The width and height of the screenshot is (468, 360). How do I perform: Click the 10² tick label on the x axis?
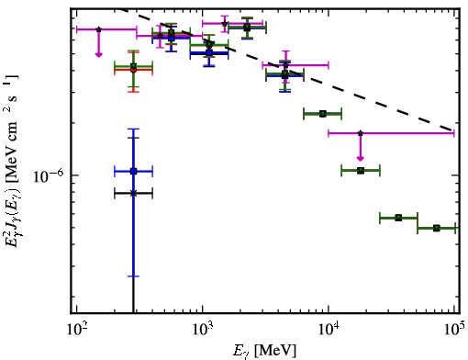pos(77,329)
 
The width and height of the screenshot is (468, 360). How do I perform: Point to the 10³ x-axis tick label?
pos(203,329)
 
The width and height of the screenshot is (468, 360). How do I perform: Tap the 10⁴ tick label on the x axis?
pos(329,329)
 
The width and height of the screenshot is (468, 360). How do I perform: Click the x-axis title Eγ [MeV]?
pos(264,351)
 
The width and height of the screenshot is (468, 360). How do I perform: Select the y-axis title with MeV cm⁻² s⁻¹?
pos(12,162)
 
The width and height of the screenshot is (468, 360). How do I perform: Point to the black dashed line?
pos(287,69)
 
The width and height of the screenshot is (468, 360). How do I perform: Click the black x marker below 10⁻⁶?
pos(133,193)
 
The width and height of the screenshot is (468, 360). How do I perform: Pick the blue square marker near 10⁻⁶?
pos(133,171)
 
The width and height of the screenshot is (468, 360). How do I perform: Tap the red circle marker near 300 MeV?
pos(133,70)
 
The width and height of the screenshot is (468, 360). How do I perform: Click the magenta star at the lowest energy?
pos(98,29)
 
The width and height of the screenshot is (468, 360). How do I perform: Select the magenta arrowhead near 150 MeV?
pos(98,55)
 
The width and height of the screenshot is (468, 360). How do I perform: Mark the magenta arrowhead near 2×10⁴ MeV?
pos(361,158)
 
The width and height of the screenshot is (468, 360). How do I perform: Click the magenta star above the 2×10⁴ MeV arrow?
pos(361,133)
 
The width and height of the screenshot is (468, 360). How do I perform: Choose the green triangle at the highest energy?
pos(437,228)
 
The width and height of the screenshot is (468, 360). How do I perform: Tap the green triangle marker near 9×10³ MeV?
pos(323,114)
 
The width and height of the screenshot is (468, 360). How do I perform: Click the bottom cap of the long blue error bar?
pos(133,276)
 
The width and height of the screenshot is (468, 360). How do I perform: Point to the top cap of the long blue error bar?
pos(133,129)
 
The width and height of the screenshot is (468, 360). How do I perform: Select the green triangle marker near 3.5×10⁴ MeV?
pos(398,218)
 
